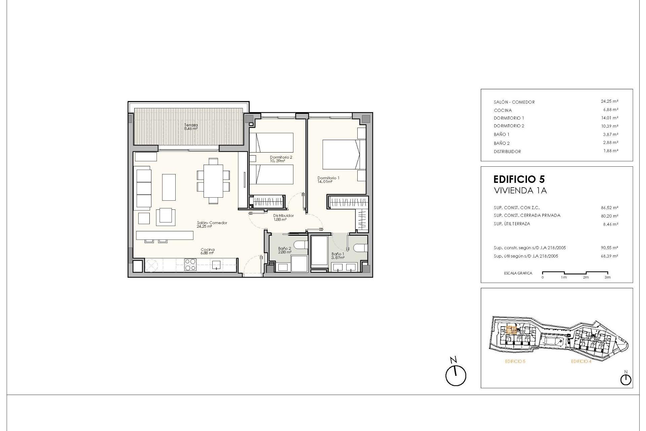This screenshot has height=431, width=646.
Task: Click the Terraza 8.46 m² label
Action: (x=190, y=127)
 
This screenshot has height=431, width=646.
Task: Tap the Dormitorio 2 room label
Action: (x=281, y=159)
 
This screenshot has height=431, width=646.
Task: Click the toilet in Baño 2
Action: (x=301, y=244)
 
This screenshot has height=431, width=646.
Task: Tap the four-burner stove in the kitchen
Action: (x=190, y=264)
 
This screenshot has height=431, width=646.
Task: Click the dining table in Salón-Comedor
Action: (x=213, y=181)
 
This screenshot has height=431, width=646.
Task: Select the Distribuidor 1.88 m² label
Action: (x=283, y=217)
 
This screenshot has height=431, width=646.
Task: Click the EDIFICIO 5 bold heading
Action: (x=519, y=179)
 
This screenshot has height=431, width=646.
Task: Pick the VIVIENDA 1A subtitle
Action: (x=520, y=191)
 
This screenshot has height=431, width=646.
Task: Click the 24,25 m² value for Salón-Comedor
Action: (x=609, y=101)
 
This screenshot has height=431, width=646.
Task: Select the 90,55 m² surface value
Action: (x=609, y=248)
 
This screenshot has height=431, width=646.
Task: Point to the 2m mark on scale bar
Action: (x=586, y=277)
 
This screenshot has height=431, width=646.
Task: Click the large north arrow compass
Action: (x=456, y=375)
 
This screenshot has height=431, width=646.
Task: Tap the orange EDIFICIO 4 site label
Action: (x=581, y=361)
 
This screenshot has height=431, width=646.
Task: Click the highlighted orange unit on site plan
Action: (x=511, y=330)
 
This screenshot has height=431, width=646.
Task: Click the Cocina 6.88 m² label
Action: (x=207, y=251)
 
